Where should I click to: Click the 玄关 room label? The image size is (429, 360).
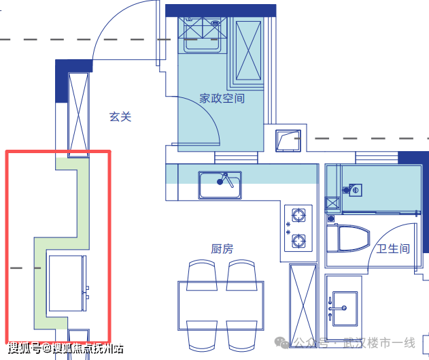point(120,117)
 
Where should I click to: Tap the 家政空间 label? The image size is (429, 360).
point(222,99)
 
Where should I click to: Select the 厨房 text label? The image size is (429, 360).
point(222,249)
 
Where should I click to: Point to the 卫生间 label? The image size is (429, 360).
point(394,249)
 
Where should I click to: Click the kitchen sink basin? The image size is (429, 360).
point(220,185)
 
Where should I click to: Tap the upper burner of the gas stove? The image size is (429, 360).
point(298,217)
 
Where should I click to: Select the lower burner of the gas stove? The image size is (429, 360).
point(298,240)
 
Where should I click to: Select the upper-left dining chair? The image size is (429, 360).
point(203,271)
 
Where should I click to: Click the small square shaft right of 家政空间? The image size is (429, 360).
point(288,140)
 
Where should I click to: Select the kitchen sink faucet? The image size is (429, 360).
point(226,179)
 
